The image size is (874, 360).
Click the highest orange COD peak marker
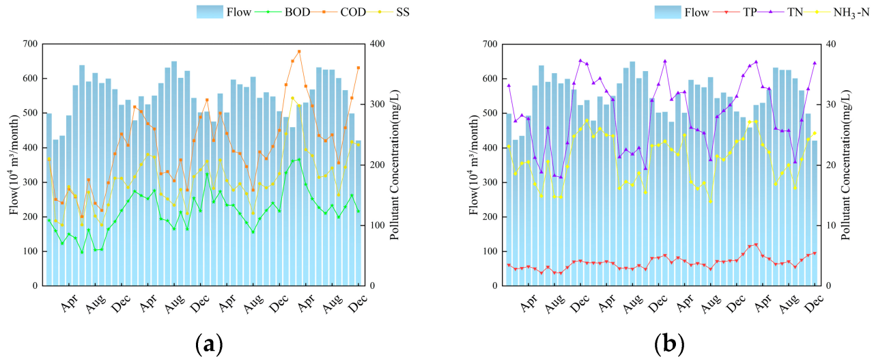(299, 51)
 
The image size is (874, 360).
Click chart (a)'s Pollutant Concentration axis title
(395, 165)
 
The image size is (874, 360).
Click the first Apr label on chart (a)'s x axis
(68, 305)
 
